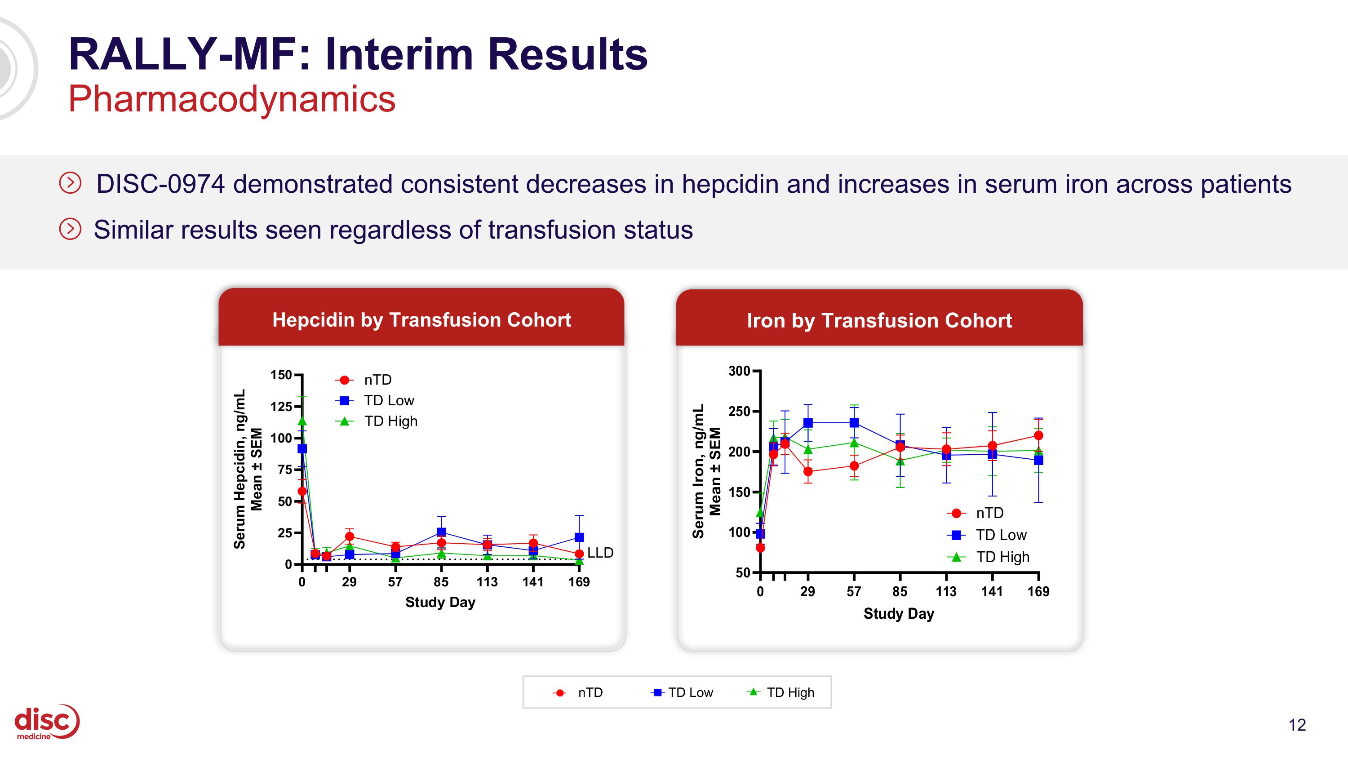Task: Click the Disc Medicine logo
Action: (x=46, y=722)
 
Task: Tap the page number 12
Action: (x=1297, y=725)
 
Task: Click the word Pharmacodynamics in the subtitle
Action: (x=232, y=99)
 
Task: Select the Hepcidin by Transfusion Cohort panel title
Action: (x=421, y=319)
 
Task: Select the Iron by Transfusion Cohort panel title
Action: (x=879, y=320)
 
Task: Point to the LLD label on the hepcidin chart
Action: (x=600, y=552)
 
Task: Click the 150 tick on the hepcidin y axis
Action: (x=281, y=375)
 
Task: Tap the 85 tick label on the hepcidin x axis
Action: (x=441, y=582)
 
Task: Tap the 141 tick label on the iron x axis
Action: (x=992, y=591)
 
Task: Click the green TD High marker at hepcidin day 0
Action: (x=302, y=421)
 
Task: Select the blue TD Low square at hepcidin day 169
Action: (x=579, y=537)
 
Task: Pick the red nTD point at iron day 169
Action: (x=1039, y=435)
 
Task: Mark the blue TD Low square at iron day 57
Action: (x=854, y=423)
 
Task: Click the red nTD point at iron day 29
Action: (x=808, y=471)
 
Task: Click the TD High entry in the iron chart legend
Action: (x=1002, y=557)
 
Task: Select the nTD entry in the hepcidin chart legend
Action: (x=377, y=380)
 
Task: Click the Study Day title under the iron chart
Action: (x=899, y=614)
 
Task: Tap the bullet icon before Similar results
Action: (x=70, y=229)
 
